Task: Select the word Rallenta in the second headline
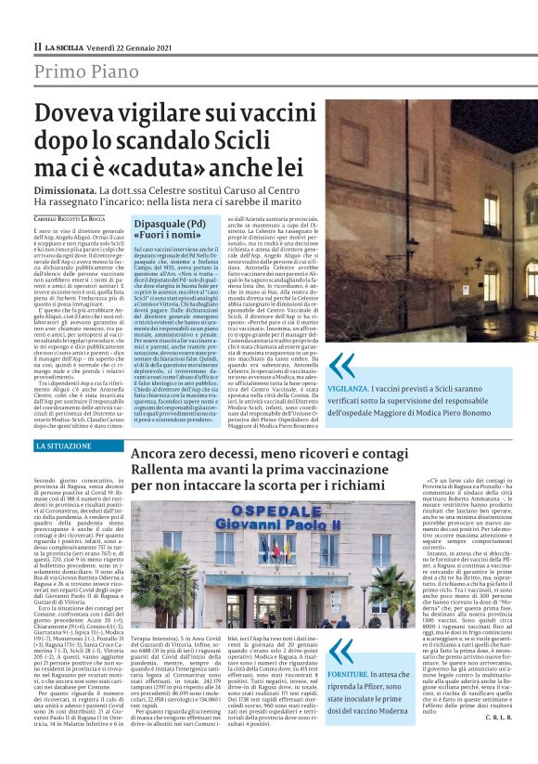pos(165,473)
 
